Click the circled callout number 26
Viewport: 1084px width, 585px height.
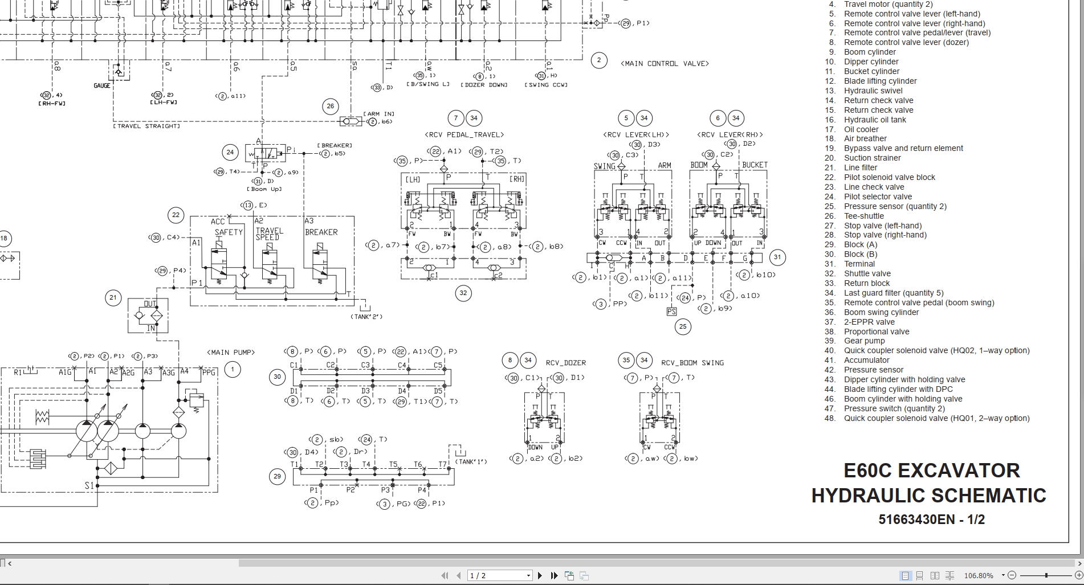330,106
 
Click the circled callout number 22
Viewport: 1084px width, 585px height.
176,215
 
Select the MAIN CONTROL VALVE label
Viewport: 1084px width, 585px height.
665,63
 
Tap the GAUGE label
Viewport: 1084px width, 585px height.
102,85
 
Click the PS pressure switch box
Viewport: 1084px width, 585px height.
671,312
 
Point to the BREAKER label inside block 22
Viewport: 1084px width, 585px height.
321,232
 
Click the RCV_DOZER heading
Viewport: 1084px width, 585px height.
565,362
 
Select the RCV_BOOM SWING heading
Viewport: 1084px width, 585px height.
692,362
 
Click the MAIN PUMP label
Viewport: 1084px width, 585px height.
231,352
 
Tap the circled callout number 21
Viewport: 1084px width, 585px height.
113,297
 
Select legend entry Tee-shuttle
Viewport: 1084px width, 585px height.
863,216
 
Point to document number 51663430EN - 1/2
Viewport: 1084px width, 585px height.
931,519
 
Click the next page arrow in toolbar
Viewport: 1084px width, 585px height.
540,575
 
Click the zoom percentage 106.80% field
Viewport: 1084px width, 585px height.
978,575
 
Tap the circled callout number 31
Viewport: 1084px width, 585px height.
777,257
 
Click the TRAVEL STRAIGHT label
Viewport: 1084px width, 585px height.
146,126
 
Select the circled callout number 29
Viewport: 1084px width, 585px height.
277,476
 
